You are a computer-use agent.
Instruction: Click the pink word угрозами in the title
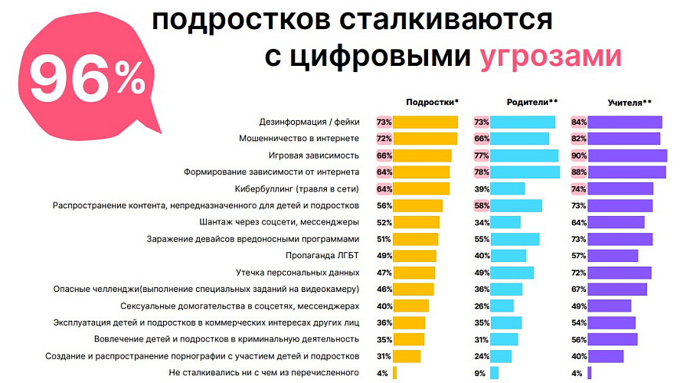tap(551, 58)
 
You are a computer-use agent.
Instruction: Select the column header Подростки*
tap(432, 102)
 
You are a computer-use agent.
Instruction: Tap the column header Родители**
tap(531, 102)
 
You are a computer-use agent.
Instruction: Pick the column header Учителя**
tap(629, 102)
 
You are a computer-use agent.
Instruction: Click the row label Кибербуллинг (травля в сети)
tap(296, 188)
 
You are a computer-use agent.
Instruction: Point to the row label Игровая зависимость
tap(313, 155)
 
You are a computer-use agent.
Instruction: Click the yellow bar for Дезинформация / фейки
tap(425, 122)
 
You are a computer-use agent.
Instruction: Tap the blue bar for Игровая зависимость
tap(524, 155)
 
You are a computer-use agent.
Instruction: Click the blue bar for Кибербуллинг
tap(507, 188)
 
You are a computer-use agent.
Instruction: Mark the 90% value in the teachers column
tap(578, 155)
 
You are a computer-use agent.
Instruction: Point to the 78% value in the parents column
tap(482, 172)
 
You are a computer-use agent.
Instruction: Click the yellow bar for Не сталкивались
tap(394, 373)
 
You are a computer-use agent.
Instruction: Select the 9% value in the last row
tap(480, 373)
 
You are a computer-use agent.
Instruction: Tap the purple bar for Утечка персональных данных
tap(620, 273)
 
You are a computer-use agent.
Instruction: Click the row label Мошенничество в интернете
tap(299, 139)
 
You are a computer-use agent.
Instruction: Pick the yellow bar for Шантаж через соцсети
tap(416, 222)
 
